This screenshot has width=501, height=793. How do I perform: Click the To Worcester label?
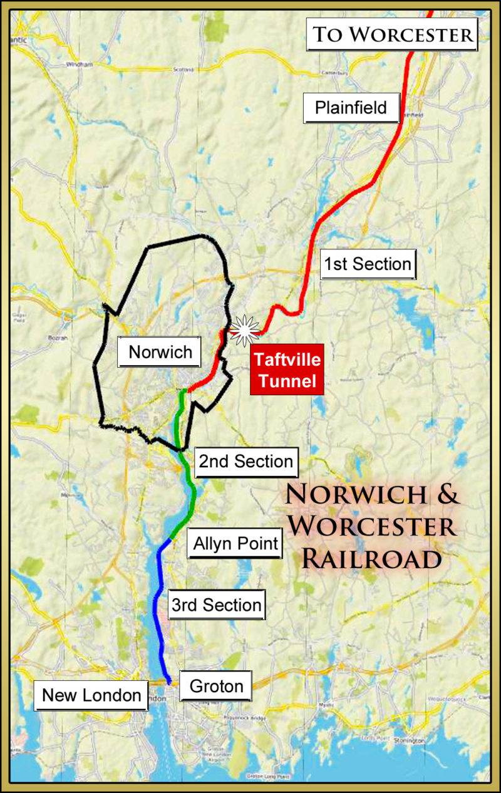[x=393, y=34]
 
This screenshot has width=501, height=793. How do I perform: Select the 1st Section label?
[x=368, y=264]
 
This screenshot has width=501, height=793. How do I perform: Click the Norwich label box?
[x=160, y=352]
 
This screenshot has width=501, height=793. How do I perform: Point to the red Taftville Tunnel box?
[x=287, y=370]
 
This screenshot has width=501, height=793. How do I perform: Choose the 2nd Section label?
[x=246, y=462]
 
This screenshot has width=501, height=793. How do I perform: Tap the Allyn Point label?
[x=235, y=543]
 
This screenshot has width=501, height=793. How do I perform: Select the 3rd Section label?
[x=216, y=605]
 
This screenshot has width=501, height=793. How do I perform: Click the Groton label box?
[x=216, y=686]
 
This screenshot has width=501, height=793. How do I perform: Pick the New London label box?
[x=91, y=695]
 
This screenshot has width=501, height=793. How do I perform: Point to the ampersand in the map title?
[x=447, y=494]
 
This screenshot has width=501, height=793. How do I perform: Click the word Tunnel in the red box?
[x=286, y=380]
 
